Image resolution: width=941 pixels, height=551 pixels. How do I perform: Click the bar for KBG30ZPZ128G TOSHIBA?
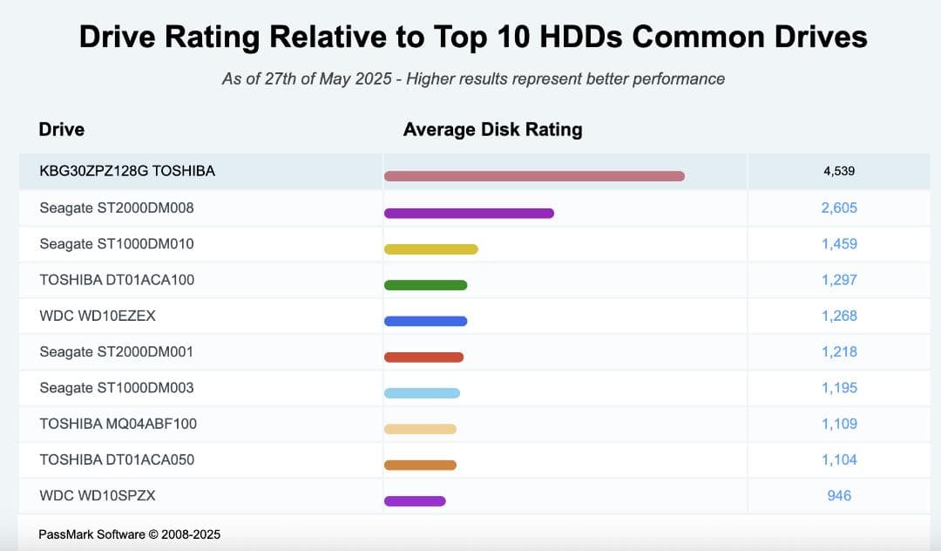coord(534,176)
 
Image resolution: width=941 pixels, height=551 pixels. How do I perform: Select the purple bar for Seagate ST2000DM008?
coord(469,213)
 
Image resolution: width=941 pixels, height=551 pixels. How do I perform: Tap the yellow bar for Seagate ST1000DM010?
coord(431,249)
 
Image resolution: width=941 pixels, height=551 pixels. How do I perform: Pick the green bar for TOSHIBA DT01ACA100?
coord(425,285)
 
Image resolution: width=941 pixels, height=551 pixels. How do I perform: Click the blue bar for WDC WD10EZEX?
coord(425,321)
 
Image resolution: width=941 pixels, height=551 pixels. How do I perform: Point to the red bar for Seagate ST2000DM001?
coord(423,357)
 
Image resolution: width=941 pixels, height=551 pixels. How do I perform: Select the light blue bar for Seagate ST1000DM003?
coord(422,393)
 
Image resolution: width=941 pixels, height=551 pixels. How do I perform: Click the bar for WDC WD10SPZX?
coord(415,500)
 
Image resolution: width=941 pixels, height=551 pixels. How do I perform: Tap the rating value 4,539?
coord(839,171)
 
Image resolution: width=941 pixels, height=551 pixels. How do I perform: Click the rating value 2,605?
coord(839,207)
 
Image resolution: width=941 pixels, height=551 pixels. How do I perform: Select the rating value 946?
coord(839,495)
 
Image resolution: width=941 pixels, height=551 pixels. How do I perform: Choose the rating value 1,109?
coord(839,424)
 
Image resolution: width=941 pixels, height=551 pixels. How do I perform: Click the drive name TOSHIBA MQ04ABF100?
coord(118,424)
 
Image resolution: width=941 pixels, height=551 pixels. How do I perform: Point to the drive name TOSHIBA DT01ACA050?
coord(117,459)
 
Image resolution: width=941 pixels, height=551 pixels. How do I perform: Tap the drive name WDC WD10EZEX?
coord(98,316)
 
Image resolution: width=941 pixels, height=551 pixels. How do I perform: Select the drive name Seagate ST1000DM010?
coord(117,244)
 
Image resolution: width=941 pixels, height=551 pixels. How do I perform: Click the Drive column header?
coord(61,130)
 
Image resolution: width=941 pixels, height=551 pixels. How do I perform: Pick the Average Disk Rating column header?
coord(492,130)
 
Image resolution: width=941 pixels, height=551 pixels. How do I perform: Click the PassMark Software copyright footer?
coord(129,534)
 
